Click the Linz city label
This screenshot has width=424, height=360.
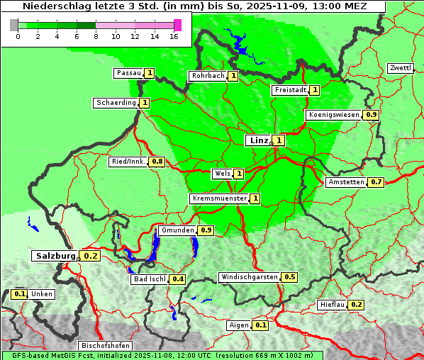[x=257, y=140]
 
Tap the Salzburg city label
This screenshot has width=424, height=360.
[x=55, y=256]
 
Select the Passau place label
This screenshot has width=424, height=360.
[x=128, y=73]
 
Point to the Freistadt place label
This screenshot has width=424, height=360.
[x=289, y=90]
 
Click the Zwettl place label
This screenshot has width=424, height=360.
[x=400, y=68]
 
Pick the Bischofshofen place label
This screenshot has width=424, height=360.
[x=104, y=346]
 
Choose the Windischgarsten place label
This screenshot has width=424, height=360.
[x=249, y=277]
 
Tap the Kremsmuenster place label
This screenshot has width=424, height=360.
[x=219, y=198]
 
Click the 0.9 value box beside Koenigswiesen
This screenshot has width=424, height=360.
[x=371, y=115]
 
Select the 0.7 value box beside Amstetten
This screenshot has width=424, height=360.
[x=376, y=182]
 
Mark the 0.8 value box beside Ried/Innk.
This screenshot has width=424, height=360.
[x=157, y=162]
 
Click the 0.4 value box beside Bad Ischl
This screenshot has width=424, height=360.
[x=177, y=279]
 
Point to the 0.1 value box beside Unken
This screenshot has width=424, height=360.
[x=20, y=294]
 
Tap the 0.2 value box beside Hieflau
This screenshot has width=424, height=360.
[x=356, y=305]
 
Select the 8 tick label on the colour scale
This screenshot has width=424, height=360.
[x=96, y=35]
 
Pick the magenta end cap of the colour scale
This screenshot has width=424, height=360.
[x=177, y=25]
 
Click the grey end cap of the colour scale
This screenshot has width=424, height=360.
[x=14, y=25]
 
